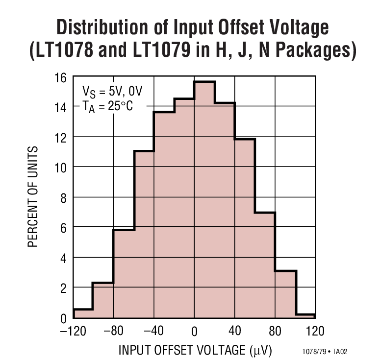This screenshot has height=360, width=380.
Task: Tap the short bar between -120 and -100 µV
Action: click(x=83, y=313)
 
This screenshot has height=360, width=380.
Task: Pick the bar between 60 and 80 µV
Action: click(x=265, y=265)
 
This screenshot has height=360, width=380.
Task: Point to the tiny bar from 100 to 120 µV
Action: click(x=305, y=316)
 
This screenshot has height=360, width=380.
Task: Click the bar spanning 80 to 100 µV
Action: click(x=285, y=294)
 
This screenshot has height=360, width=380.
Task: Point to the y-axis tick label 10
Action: click(x=60, y=167)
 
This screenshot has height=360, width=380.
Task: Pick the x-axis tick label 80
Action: click(x=275, y=332)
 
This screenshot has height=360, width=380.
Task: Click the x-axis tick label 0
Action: click(x=194, y=332)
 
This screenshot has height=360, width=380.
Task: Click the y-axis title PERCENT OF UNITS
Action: click(x=33, y=196)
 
